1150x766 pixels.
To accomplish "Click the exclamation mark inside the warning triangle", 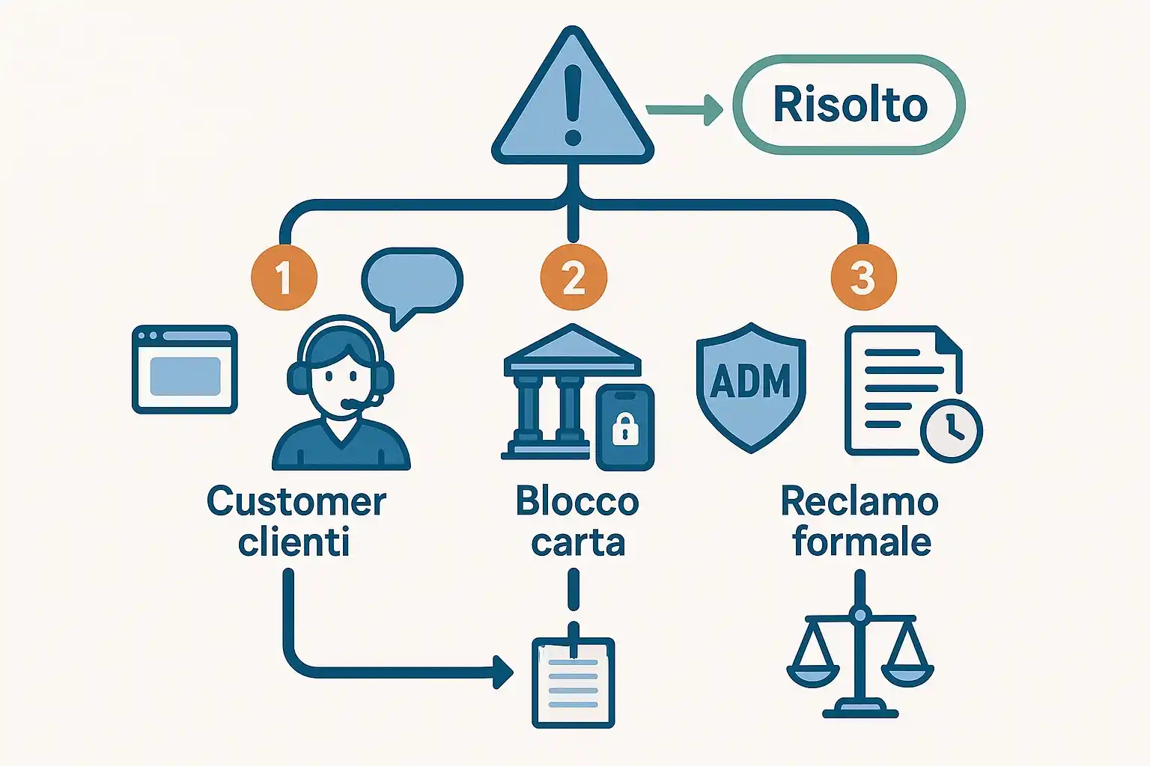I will click(x=573, y=104).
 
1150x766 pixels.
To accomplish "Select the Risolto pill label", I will click(x=849, y=105).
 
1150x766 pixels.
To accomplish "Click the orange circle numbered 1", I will click(x=284, y=278).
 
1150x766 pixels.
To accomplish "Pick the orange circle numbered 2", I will click(x=574, y=278).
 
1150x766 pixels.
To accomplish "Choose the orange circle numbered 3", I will click(x=863, y=278).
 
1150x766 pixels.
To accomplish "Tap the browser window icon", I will click(x=185, y=370).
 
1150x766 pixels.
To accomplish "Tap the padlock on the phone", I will click(x=625, y=430).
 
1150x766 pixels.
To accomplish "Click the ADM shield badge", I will click(x=750, y=384).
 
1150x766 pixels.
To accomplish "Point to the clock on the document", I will click(x=951, y=431).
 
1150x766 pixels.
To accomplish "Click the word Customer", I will click(x=296, y=501).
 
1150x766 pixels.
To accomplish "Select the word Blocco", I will click(x=577, y=501).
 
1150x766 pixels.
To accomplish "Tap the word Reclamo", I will click(x=860, y=501).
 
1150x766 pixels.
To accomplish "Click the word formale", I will click(x=862, y=542).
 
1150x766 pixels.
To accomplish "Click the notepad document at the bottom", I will click(x=574, y=682).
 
